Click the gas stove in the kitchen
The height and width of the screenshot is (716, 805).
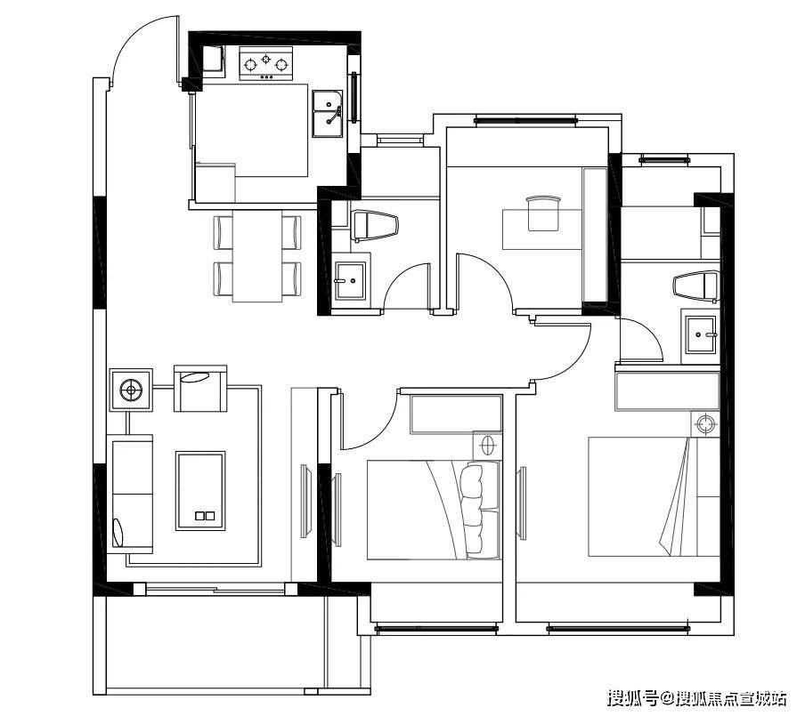pyautogui.click(x=266, y=63)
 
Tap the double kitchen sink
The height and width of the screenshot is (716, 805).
pyautogui.click(x=328, y=114)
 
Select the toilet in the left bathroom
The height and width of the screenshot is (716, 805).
pyautogui.click(x=375, y=225)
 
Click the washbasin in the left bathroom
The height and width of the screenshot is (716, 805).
pyautogui.click(x=350, y=280)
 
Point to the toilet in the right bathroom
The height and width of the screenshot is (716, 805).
pyautogui.click(x=696, y=286)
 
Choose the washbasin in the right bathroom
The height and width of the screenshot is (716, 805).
pyautogui.click(x=702, y=334)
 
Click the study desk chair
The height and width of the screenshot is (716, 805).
pyautogui.click(x=542, y=213)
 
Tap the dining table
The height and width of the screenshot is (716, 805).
pyautogui.click(x=257, y=255)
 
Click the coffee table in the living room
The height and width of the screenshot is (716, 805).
pyautogui.click(x=200, y=491)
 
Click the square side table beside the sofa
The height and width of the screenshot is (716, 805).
pyautogui.click(x=131, y=390)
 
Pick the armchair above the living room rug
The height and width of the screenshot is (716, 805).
pyautogui.click(x=200, y=389)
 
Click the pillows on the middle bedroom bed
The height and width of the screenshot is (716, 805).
pyautogui.click(x=472, y=510)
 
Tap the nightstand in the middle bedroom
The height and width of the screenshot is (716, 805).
pyautogui.click(x=487, y=445)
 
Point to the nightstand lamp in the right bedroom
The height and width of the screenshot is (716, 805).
pyautogui.click(x=706, y=424)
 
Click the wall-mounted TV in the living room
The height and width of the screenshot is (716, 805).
pyautogui.click(x=304, y=501)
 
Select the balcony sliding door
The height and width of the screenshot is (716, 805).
pyautogui.click(x=215, y=589)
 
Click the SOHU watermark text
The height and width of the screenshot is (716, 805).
pyautogui.click(x=696, y=697)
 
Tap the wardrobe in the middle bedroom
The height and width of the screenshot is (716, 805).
pyautogui.click(x=456, y=414)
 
